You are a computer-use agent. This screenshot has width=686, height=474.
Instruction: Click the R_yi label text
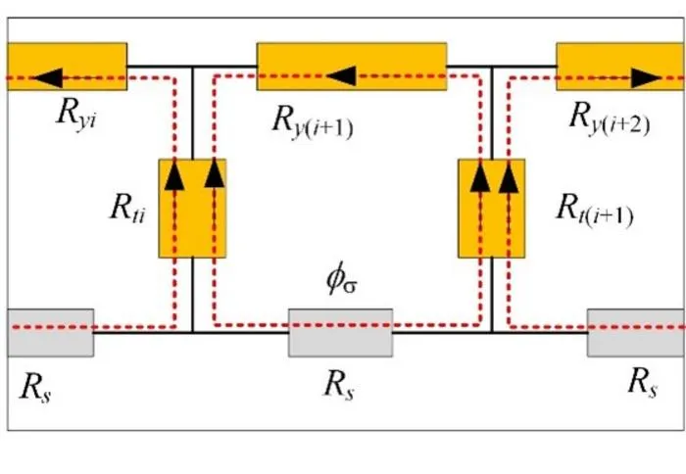pyautogui.click(x=76, y=115)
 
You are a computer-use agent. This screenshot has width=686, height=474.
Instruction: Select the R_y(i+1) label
pyautogui.click(x=313, y=121)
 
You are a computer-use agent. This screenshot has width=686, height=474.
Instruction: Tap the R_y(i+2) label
pyautogui.click(x=610, y=118)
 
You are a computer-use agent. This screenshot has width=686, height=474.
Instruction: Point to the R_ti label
pyautogui.click(x=127, y=209)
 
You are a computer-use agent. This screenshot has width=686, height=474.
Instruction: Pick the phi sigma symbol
pyautogui.click(x=342, y=280)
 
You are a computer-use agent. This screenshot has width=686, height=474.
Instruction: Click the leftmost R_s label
pyautogui.click(x=35, y=388)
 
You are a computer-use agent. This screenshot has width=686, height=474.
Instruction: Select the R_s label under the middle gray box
pyautogui.click(x=338, y=386)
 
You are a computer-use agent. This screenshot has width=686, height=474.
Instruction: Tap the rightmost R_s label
pyautogui.click(x=642, y=384)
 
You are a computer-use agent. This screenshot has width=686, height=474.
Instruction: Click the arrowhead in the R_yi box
pyautogui.click(x=48, y=77)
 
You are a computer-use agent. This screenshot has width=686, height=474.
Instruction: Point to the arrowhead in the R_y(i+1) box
pyautogui.click(x=341, y=76)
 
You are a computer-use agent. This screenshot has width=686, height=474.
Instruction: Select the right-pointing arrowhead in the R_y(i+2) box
pyautogui.click(x=646, y=78)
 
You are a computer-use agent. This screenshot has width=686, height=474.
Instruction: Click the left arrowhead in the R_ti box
pyautogui.click(x=174, y=175)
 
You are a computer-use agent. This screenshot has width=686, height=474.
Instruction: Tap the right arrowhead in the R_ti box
pyautogui.click(x=215, y=173)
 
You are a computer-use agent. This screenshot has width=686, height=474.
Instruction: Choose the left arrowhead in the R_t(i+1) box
pyautogui.click(x=480, y=176)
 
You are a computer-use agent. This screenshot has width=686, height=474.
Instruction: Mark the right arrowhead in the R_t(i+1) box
pyautogui.click(x=509, y=177)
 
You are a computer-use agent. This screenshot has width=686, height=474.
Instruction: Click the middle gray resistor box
pyautogui.click(x=340, y=333)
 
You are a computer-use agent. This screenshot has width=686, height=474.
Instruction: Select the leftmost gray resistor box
pyautogui.click(x=50, y=333)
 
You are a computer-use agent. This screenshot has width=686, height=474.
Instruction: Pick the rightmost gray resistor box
pyautogui.click(x=636, y=333)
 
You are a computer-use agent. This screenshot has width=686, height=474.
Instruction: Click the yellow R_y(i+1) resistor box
pyautogui.click(x=352, y=67)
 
